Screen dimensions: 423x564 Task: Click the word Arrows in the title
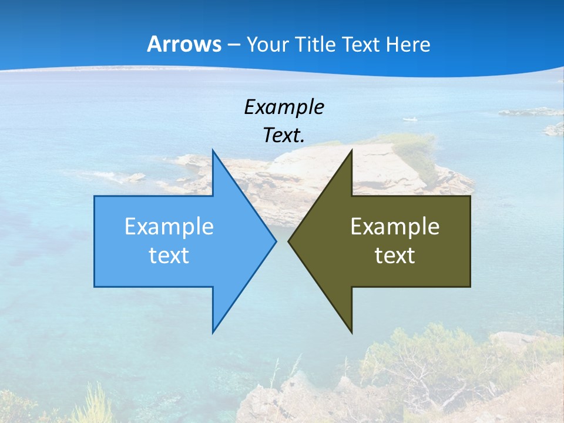pyautogui.click(x=184, y=44)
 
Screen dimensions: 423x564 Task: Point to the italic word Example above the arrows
pyautogui.click(x=284, y=107)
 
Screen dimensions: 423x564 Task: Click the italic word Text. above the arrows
pyautogui.click(x=284, y=135)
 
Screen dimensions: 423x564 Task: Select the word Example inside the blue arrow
pyautogui.click(x=169, y=226)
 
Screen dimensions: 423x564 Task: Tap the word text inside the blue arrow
pyautogui.click(x=169, y=255)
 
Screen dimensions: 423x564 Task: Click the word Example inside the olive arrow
pyautogui.click(x=395, y=226)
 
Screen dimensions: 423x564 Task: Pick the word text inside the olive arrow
pyautogui.click(x=395, y=255)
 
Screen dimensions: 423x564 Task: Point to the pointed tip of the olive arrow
pyautogui.click(x=289, y=241)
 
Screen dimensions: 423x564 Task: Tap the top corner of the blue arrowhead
pyautogui.click(x=213, y=151)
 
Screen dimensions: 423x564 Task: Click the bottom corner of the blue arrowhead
pyautogui.click(x=213, y=331)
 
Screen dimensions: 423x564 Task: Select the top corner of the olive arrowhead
pyautogui.click(x=351, y=151)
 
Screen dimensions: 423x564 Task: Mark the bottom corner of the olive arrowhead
pyautogui.click(x=351, y=331)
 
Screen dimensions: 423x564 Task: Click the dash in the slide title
pyautogui.click(x=233, y=45)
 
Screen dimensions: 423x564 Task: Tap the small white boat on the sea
pyautogui.click(x=410, y=119)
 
